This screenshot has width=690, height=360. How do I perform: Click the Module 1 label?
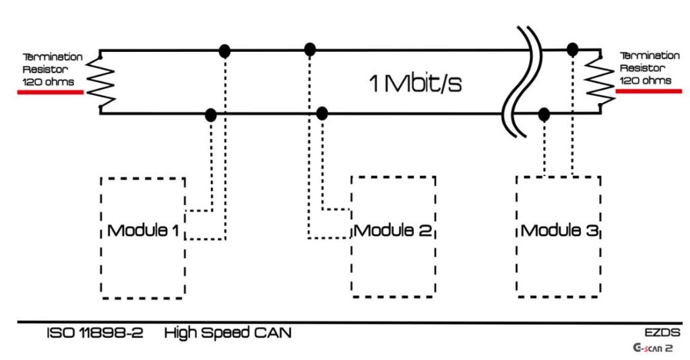pos(143,231)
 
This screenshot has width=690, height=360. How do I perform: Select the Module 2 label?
pos(393,231)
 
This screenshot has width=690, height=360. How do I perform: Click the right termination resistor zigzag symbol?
pos(596,81)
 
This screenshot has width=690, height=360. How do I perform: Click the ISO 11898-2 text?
pos(95,333)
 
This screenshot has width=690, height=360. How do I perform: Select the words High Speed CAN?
pos(228,333)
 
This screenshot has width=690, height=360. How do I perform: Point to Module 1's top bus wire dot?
pos(225,51)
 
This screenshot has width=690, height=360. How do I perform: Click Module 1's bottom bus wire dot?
pos(211,115)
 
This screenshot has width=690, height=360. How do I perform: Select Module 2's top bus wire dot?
pos(310,49)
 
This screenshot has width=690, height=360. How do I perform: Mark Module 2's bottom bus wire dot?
pos(323,113)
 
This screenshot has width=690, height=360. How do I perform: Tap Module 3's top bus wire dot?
pos(573,49)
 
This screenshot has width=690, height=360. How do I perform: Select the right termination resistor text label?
pos(650,68)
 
